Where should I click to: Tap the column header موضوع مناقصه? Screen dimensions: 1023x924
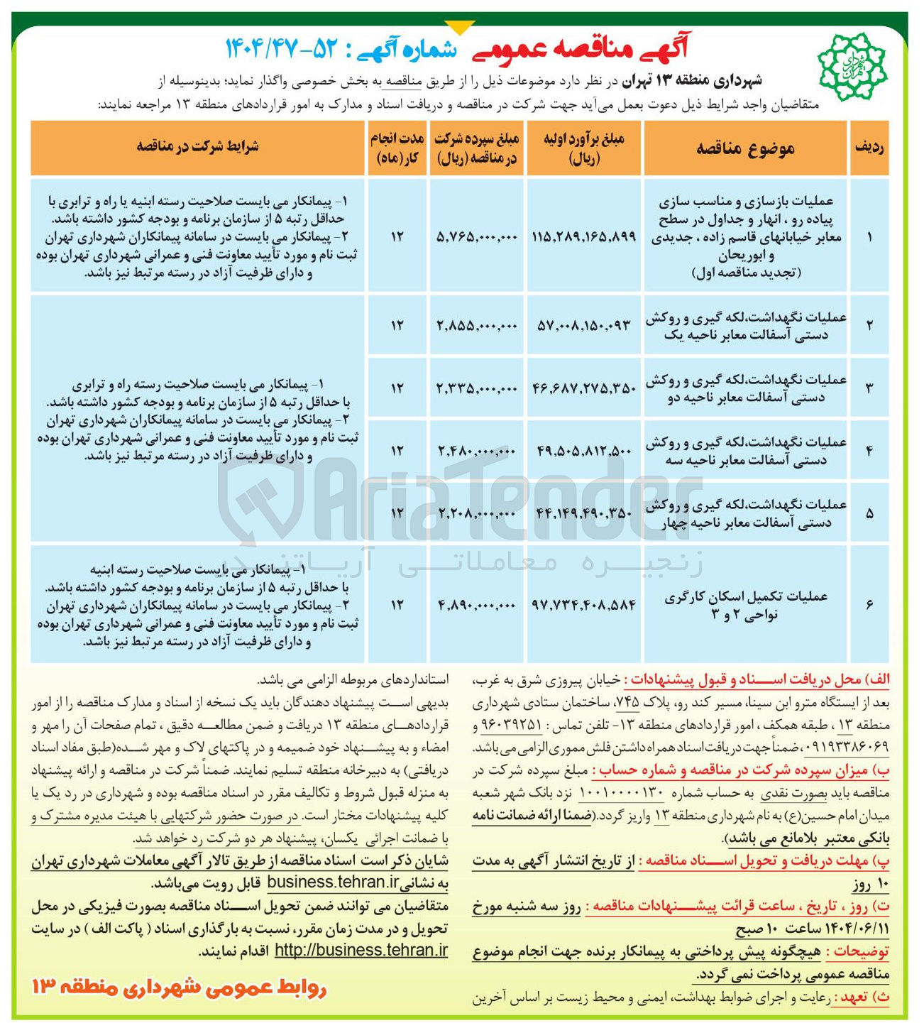[745, 148]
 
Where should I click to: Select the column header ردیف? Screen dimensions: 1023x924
[869, 148]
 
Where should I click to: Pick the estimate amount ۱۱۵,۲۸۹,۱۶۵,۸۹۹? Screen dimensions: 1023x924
[583, 237]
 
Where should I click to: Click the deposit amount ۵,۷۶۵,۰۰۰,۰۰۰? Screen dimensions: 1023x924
[477, 237]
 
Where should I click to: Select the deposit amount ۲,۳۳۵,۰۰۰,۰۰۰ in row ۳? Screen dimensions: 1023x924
[477, 388]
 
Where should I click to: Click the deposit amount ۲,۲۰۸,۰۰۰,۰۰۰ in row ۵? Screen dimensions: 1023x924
[477, 513]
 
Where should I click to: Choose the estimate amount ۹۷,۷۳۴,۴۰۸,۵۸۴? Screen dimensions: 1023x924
[583, 605]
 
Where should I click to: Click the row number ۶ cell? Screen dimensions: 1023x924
[869, 604]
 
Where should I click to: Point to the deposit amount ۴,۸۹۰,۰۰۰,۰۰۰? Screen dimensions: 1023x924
[477, 605]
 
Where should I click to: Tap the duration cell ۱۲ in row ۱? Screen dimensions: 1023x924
[396, 237]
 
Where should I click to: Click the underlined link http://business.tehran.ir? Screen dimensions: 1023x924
[361, 950]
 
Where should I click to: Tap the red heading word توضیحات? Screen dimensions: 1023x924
[861, 951]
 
